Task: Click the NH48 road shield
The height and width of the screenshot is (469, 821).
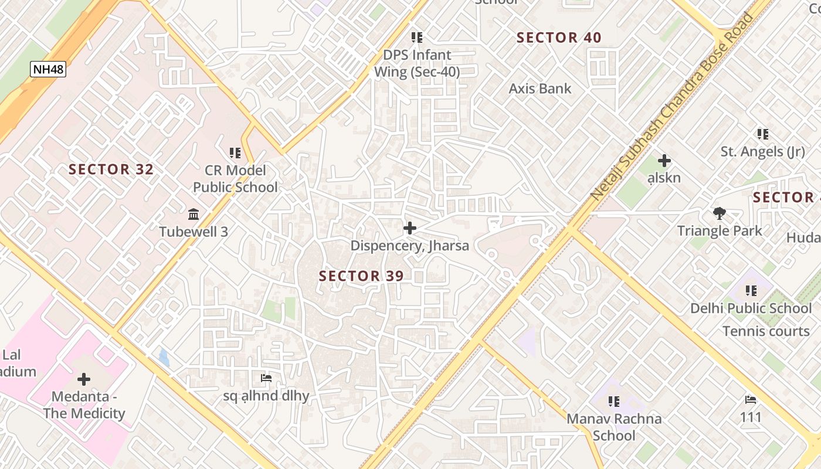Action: tap(48, 69)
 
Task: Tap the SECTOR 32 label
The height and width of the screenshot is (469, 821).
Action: tap(111, 170)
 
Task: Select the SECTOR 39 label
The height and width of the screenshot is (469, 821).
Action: tap(361, 276)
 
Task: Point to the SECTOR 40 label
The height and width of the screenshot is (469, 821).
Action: tap(559, 38)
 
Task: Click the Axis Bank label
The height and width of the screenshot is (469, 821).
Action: tap(540, 89)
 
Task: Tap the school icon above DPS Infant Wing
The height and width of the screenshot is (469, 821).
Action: tap(417, 38)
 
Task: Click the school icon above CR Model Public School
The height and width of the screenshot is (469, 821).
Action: tap(235, 154)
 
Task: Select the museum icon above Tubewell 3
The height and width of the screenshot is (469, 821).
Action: tap(194, 215)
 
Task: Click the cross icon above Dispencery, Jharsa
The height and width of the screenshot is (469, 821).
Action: tap(410, 228)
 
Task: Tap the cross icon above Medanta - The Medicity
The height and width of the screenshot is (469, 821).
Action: tap(84, 379)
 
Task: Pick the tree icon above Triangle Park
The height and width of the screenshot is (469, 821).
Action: tap(719, 213)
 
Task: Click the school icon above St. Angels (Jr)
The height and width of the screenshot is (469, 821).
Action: tap(762, 134)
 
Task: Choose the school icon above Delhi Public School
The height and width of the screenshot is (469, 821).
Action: tap(751, 291)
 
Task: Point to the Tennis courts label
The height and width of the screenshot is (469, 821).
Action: tap(766, 331)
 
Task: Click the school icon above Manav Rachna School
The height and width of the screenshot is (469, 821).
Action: tap(614, 402)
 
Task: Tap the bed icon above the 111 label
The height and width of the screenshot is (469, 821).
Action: tap(751, 400)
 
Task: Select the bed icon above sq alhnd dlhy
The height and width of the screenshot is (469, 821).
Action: tap(266, 378)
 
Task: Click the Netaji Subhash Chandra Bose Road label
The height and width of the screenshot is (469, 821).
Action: tap(672, 106)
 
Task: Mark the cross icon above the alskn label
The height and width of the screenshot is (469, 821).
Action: tap(664, 161)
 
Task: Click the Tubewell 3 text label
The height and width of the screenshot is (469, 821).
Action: tap(194, 232)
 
